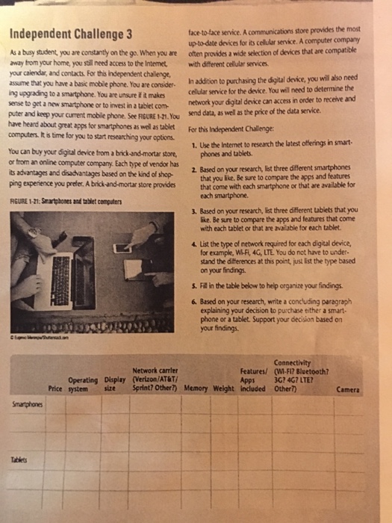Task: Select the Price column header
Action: pyautogui.click(x=55, y=389)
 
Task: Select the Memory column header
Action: pyautogui.click(x=196, y=389)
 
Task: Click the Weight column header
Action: pyautogui.click(x=224, y=389)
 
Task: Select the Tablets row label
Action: pyautogui.click(x=17, y=461)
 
